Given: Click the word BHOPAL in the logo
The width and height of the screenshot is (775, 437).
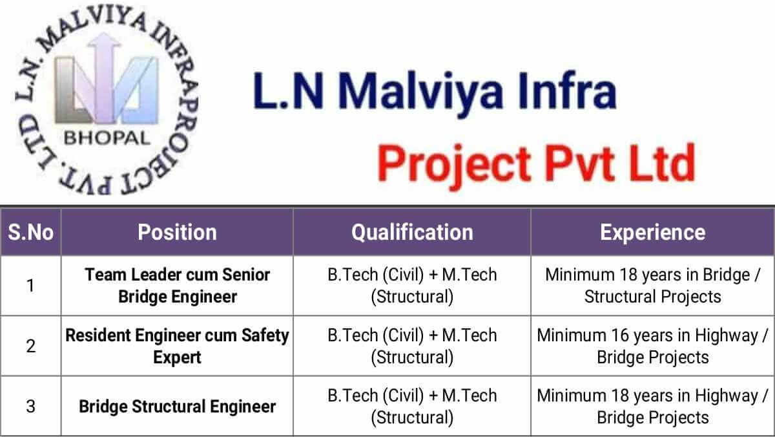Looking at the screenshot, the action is point(107,138).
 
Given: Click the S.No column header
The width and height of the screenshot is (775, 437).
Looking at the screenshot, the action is point(31,232).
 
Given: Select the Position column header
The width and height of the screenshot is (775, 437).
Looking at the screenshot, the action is point(177,232).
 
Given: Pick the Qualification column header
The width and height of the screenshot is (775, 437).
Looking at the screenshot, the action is point(412,232).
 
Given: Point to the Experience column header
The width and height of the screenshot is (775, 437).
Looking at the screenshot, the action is point(652,232).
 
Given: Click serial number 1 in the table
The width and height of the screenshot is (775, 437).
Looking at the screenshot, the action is point(31,286).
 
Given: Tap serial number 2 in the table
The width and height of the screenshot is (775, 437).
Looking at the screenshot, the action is point(31,346).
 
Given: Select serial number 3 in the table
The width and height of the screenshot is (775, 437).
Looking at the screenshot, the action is point(31,406).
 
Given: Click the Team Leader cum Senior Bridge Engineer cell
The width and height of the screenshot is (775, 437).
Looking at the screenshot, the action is point(178,286).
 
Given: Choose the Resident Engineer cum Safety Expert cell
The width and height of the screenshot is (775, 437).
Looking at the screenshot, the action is point(177,346).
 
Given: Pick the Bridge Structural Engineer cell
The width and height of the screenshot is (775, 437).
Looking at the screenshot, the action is point(177,407).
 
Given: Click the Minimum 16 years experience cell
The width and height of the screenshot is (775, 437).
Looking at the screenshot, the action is point(652,346).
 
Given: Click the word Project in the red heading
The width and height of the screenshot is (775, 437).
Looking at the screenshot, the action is point(453,165).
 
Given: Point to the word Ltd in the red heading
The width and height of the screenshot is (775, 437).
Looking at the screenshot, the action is point(661,163).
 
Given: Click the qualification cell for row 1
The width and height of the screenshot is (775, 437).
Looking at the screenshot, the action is point(412,286).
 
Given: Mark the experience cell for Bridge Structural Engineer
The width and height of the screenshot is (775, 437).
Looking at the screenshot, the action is point(652,406).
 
